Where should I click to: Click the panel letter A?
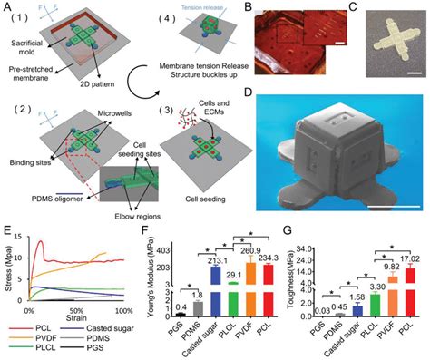pos(9,7)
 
